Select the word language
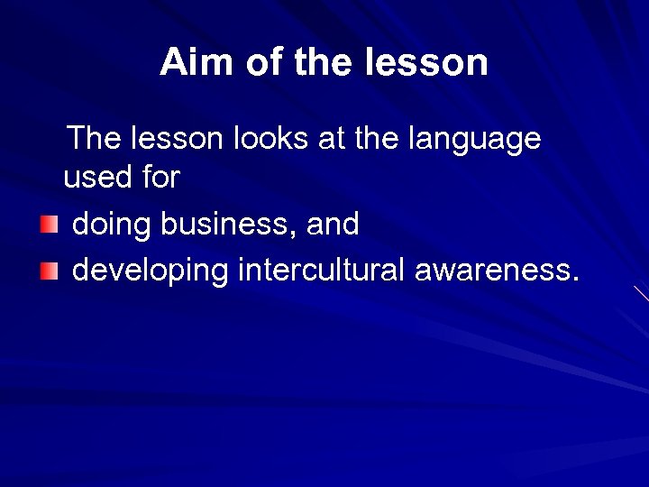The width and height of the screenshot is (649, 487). (475, 141)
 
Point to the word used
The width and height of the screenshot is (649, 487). (98, 179)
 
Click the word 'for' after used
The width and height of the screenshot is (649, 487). (160, 179)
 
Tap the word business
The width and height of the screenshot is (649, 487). (225, 224)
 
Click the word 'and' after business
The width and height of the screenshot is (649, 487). (333, 224)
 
